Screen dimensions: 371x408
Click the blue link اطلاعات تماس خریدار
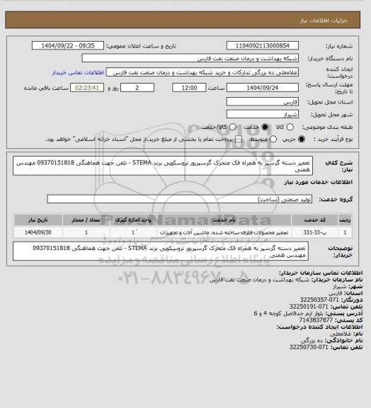pos(79,73)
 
